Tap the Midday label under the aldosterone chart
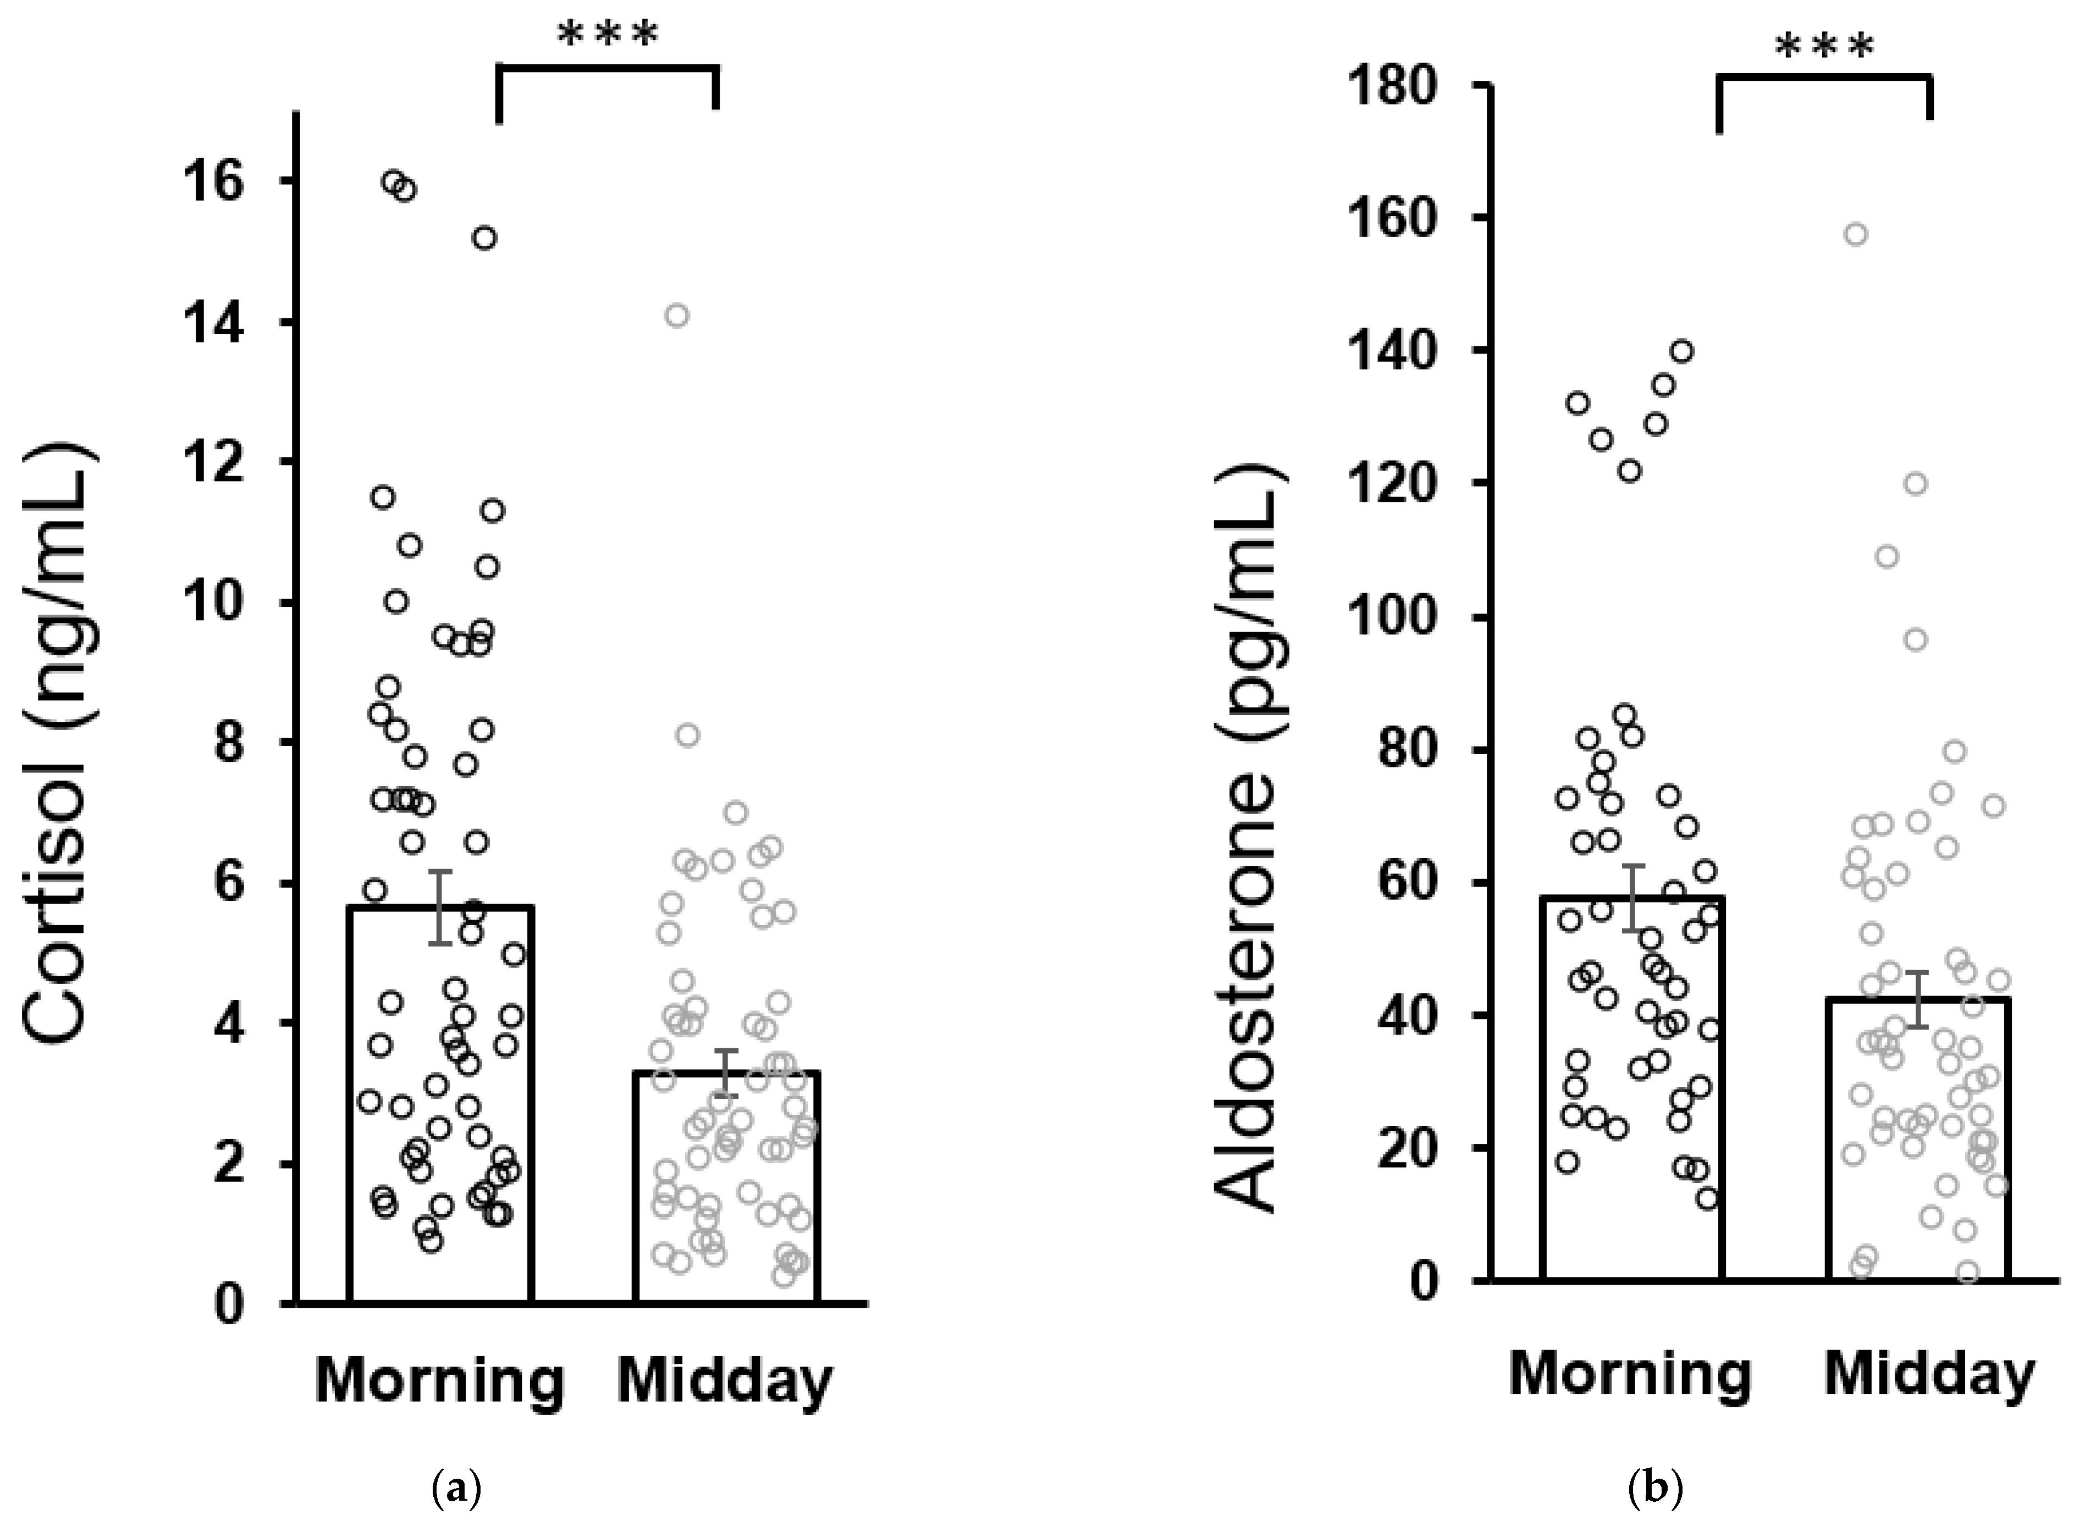tap(1929, 1376)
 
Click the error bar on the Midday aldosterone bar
tap(1919, 999)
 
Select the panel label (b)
tap(1659, 1489)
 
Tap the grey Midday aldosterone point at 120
tap(1916, 484)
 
